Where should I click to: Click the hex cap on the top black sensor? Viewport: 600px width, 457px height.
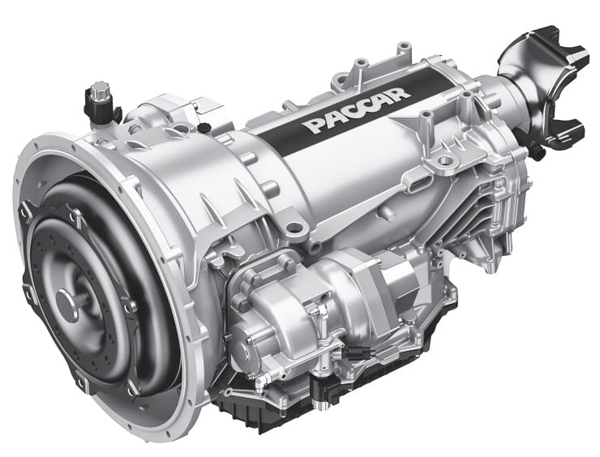click(x=101, y=89)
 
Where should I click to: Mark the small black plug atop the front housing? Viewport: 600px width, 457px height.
click(x=204, y=126)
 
